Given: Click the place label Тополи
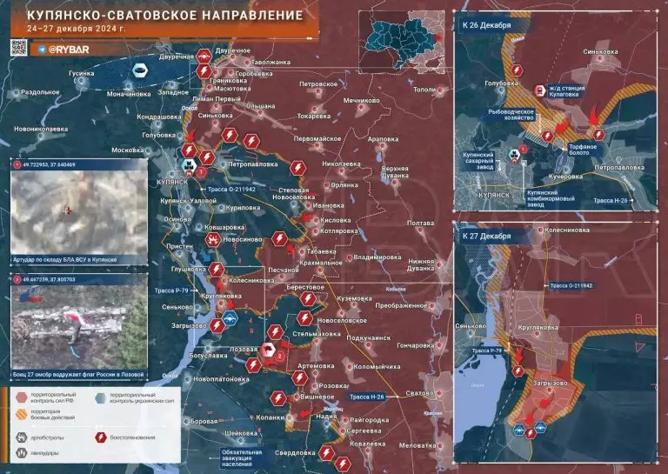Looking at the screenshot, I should click(x=424, y=90).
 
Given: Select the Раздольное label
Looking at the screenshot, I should click(x=40, y=91).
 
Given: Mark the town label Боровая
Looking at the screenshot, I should click(x=203, y=422).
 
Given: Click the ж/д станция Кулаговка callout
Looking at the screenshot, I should click(x=572, y=91).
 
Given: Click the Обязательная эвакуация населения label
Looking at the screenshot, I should click(x=241, y=457).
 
